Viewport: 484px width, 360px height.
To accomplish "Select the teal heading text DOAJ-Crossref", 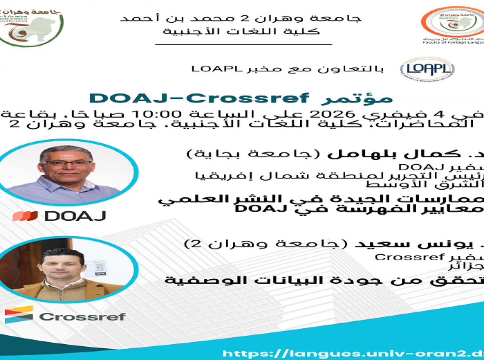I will tap(199, 98).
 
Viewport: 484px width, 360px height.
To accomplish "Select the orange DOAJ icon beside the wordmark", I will tap(25, 216).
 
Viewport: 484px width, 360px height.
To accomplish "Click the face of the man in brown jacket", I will tap(61, 265).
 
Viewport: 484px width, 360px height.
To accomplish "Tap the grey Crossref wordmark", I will tap(82, 317).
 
